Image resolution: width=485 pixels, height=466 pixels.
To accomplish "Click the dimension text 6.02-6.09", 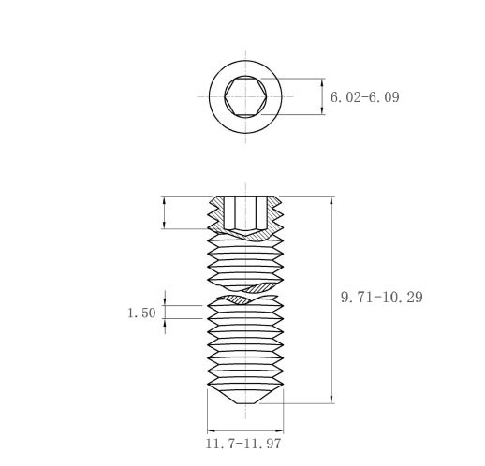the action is [364, 97].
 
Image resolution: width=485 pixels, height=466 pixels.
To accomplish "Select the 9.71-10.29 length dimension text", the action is [382, 297].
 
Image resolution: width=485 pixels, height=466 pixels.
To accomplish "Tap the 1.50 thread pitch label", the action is [141, 313].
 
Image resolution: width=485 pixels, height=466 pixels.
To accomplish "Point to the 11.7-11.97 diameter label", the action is [243, 444].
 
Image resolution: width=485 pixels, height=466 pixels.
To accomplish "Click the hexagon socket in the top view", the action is [245, 96].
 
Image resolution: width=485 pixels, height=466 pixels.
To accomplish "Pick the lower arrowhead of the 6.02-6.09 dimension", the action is [322, 110].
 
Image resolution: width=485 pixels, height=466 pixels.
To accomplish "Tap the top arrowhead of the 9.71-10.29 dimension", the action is [331, 201].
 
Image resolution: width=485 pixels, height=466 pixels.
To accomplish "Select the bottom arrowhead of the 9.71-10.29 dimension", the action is [331, 399].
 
